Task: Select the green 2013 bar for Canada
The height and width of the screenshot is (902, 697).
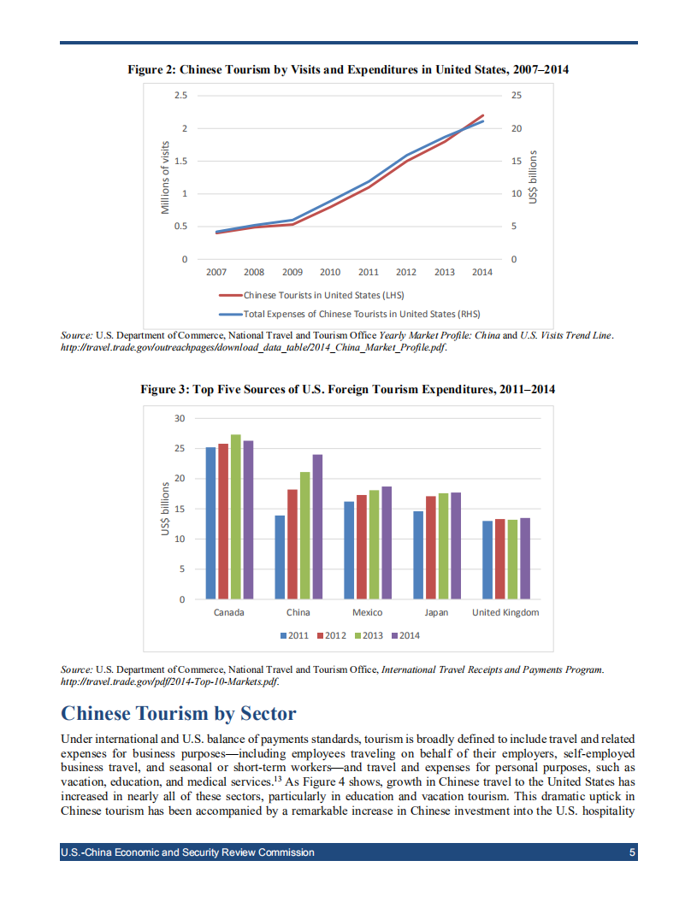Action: point(236,517)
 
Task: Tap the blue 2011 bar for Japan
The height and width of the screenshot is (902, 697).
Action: point(417,556)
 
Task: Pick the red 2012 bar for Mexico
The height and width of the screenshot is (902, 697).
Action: point(361,547)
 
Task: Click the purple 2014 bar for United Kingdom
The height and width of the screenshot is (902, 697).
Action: point(525,558)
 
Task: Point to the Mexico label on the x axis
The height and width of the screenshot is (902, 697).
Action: point(367,613)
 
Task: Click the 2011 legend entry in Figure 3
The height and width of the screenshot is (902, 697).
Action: point(295,635)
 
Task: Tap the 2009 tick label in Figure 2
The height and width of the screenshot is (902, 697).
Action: point(292,273)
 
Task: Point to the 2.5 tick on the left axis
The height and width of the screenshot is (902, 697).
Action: point(180,95)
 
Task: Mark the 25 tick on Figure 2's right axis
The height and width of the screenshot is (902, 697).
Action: point(515,95)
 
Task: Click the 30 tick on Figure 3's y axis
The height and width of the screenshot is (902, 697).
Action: point(180,418)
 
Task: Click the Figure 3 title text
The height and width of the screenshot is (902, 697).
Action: point(348,390)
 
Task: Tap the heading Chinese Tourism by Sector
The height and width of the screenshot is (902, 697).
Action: point(179,714)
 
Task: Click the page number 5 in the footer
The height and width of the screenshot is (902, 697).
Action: point(632,852)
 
